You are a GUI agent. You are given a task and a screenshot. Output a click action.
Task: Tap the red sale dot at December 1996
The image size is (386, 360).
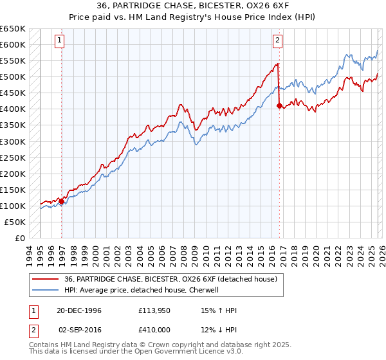tap(62, 201)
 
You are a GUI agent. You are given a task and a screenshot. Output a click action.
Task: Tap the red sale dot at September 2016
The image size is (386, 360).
tap(279, 106)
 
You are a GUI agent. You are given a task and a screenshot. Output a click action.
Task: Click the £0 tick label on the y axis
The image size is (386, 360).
tap(19, 238)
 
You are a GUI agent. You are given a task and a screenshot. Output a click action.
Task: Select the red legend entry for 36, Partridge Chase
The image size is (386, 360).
tap(170, 279)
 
